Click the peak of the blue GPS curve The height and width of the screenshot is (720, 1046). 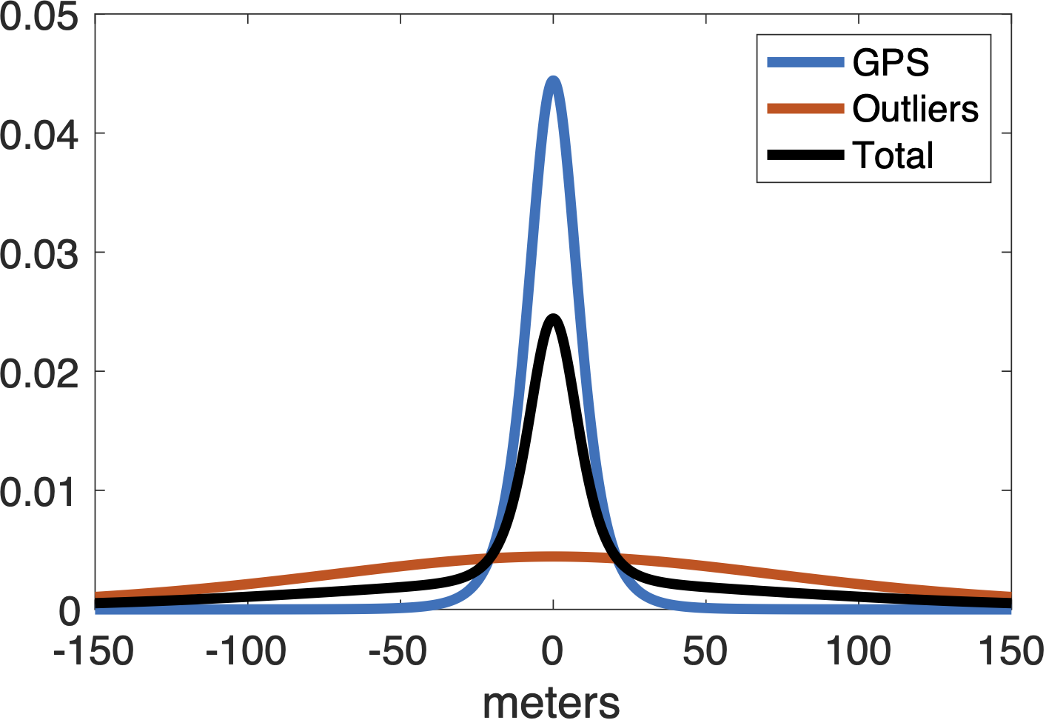553,80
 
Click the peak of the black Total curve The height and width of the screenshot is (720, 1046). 553,319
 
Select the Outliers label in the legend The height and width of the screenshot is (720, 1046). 916,109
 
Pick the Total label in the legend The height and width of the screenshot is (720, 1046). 894,156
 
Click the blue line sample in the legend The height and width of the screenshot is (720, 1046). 805,62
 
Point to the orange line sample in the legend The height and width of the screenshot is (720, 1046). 805,109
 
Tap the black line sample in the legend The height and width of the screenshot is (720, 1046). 805,155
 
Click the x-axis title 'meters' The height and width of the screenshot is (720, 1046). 552,701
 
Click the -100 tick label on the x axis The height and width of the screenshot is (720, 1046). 247,652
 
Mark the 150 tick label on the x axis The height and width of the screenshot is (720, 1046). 1011,652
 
